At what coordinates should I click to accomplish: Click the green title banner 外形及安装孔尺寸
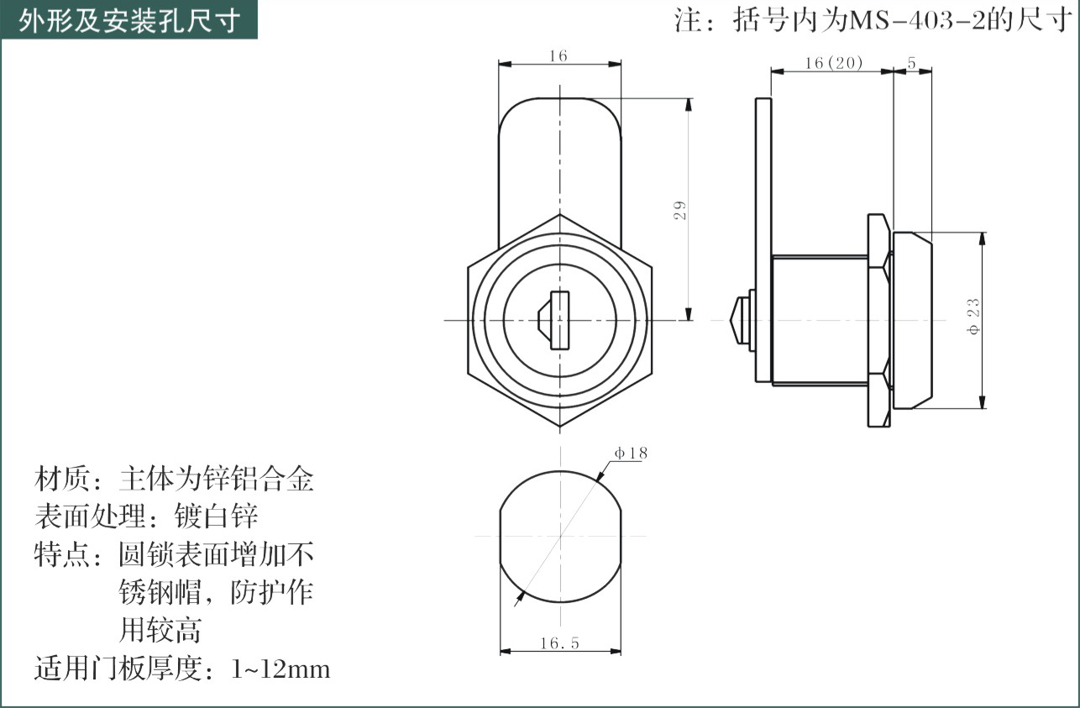tap(128, 20)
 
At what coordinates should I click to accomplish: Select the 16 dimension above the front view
tap(558, 56)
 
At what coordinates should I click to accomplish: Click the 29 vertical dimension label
tap(679, 210)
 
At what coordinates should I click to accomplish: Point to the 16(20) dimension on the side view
tap(834, 63)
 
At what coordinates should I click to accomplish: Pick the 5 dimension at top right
tap(911, 63)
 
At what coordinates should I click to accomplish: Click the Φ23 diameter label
tap(973, 317)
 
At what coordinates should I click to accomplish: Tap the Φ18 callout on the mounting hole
tap(631, 453)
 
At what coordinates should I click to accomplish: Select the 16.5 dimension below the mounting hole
tap(559, 642)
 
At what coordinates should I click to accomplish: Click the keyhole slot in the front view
tap(554, 320)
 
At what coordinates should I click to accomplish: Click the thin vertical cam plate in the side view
tap(763, 240)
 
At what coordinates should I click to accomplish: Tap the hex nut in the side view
tap(879, 320)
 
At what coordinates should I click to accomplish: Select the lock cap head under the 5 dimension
tap(912, 320)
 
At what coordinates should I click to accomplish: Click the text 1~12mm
tap(280, 669)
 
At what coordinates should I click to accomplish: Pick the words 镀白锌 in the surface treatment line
tap(217, 517)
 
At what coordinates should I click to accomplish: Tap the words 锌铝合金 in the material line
tap(258, 479)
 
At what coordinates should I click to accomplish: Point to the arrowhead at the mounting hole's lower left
tap(519, 599)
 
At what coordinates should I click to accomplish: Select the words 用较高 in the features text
tap(160, 630)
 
